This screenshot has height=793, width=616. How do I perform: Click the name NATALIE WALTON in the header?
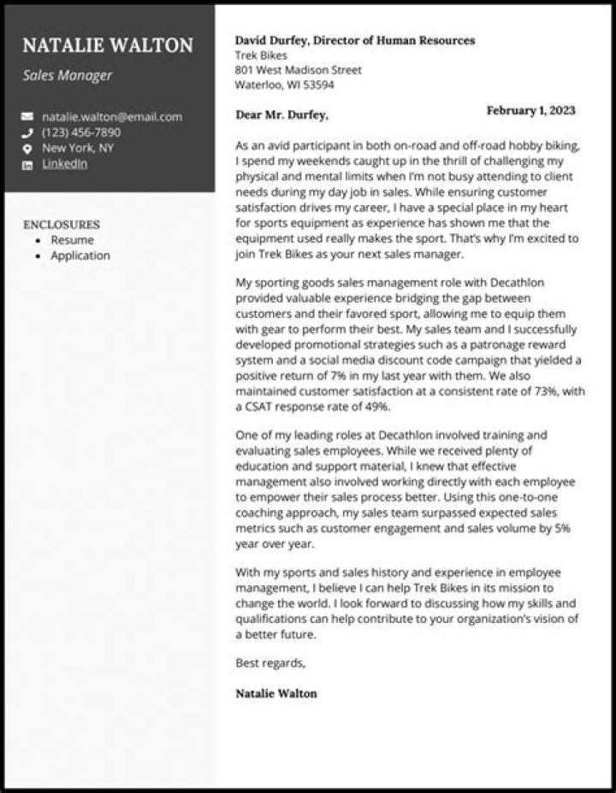[108, 45]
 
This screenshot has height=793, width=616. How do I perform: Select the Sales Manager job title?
[68, 75]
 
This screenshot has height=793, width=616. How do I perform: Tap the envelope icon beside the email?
[27, 117]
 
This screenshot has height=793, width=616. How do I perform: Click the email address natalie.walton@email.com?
[112, 117]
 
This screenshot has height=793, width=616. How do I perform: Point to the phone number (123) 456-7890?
[81, 132]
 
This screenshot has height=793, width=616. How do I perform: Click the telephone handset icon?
[27, 133]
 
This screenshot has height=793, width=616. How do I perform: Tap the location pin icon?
[27, 149]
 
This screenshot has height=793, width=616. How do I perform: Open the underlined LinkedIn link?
[65, 164]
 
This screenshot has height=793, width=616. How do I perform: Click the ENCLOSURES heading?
[62, 225]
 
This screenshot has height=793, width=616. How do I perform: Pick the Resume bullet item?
[72, 240]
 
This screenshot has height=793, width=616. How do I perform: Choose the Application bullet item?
[80, 256]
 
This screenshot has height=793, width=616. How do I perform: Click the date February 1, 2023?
[530, 111]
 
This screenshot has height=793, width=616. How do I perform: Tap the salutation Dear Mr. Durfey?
[281, 115]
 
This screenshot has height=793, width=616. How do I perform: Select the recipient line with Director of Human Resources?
[355, 40]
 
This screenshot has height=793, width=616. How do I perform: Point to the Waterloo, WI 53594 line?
[284, 85]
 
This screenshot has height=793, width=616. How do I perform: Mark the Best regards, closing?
[269, 663]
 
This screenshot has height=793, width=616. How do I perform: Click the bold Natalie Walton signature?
[275, 693]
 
